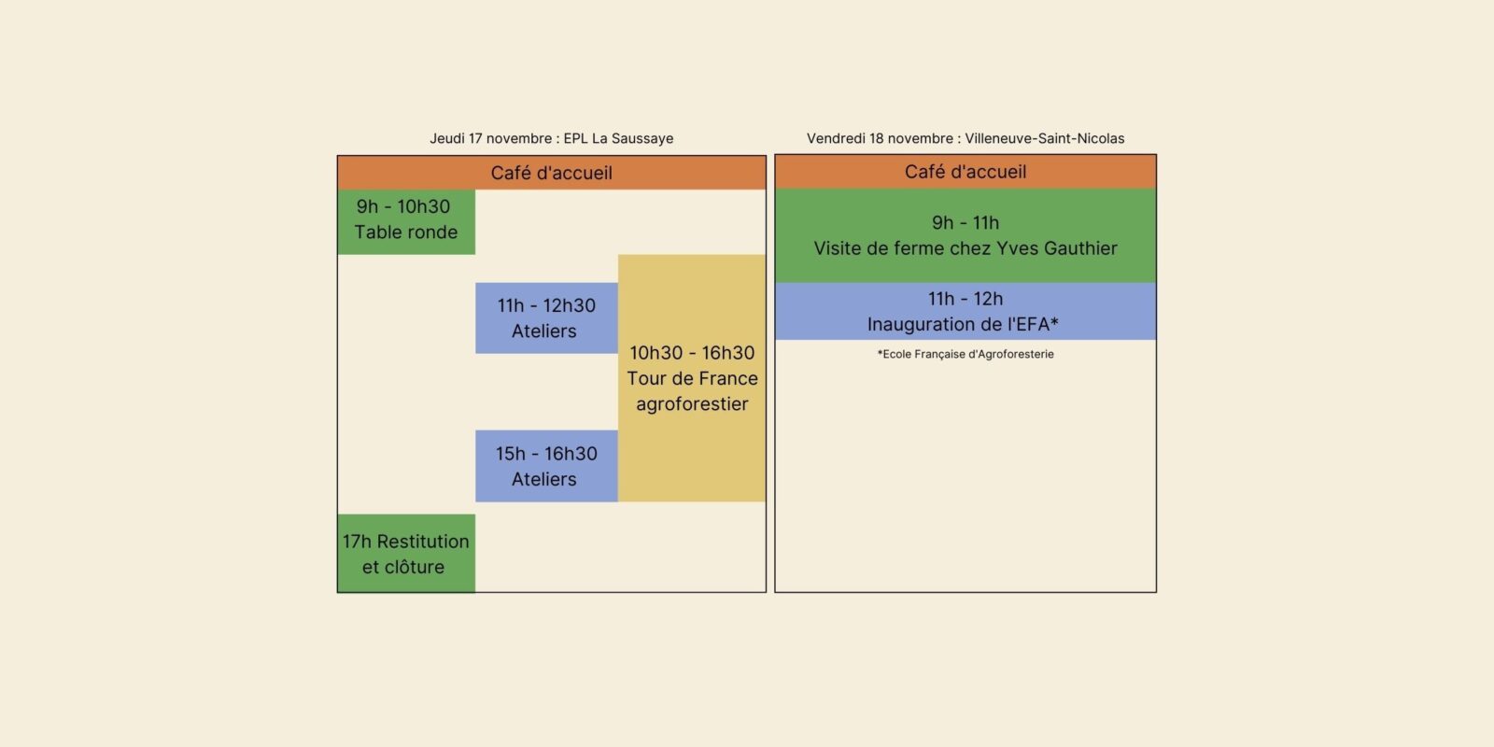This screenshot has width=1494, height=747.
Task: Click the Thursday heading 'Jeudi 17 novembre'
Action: pos(491,138)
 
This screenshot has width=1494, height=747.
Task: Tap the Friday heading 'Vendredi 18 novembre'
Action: pos(880,138)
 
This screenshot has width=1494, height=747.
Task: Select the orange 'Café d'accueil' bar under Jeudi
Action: pos(551,173)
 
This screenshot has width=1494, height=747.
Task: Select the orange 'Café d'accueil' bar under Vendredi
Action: pos(965,172)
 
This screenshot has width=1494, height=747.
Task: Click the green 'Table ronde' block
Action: pos(406,221)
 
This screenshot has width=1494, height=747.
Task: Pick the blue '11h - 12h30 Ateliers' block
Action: pos(546,318)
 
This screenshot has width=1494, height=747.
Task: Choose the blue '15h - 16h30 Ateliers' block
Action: pos(546,466)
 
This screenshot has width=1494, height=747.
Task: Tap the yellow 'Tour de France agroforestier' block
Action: pos(692,378)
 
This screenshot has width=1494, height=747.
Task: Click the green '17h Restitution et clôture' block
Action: pos(406,554)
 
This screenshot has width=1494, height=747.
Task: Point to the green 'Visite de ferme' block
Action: pos(965,236)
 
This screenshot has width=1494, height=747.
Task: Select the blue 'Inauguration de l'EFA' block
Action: pos(965,312)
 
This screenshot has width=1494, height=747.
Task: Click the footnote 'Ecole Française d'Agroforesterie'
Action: pos(965,354)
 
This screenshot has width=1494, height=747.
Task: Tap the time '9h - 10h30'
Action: pos(403,206)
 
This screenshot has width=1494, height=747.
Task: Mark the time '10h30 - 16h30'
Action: pos(692,353)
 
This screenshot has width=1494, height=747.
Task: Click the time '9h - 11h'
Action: pos(965,222)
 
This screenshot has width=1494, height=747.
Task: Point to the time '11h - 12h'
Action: pos(965,299)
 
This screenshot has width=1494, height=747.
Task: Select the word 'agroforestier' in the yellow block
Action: pos(692,404)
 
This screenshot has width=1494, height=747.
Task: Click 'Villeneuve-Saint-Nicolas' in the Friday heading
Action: pos(1044,138)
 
